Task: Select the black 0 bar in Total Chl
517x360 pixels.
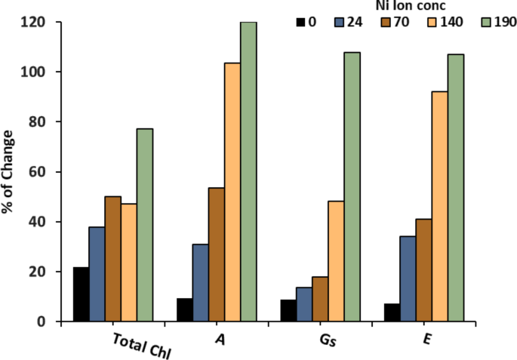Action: (81, 294)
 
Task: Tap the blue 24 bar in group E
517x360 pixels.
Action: (408, 279)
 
